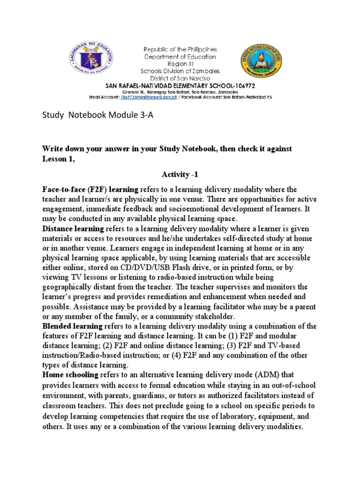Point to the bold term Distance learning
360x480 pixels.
click(73, 229)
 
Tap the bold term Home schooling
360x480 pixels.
click(71, 375)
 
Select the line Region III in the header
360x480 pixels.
click(180, 64)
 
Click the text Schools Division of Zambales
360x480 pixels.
click(180, 71)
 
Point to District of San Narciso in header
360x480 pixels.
click(180, 78)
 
